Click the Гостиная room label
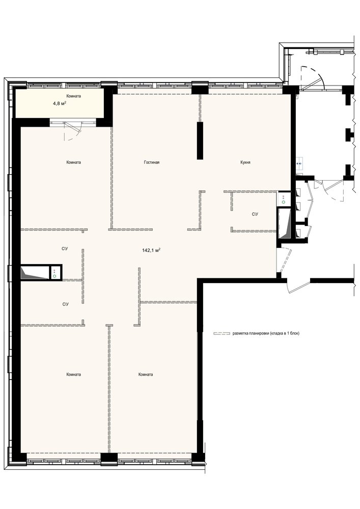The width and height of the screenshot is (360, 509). point(152,162)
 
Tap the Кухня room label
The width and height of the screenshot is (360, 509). point(246,162)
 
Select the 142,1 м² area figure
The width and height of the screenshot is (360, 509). point(152,250)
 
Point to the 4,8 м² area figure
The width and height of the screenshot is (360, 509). point(60,103)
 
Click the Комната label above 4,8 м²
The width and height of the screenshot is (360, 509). point(73,96)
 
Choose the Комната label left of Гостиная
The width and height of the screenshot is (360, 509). point(73,162)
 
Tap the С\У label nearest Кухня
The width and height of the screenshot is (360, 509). point(255,214)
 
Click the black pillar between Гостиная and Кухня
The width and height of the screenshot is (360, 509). point(200,140)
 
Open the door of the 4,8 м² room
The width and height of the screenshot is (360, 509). point(73,130)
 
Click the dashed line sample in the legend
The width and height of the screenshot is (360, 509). point(222,333)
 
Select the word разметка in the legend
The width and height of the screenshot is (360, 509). point(240,333)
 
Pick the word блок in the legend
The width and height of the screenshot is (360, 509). point(294,333)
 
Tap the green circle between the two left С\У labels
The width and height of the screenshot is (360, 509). point(54,276)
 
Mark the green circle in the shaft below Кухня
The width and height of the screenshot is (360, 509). point(284,202)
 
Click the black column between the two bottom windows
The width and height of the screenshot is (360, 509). point(109,459)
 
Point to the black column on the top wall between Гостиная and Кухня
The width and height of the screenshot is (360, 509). point(200,88)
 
